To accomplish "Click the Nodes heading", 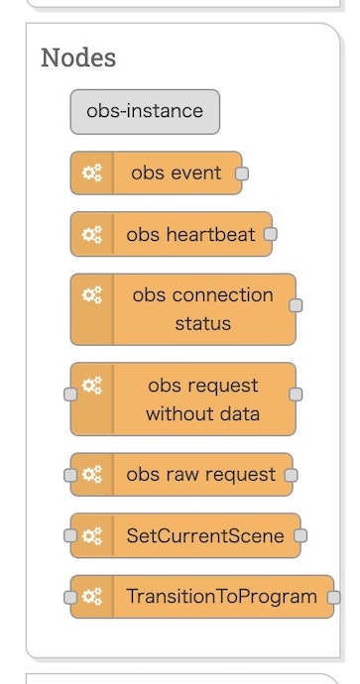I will (78, 57).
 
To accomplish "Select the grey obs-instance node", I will (145, 111).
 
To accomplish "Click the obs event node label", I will (177, 172).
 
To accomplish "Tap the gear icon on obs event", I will (92, 172).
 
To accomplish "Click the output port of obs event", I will (241, 173).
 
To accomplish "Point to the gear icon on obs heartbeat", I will (92, 235).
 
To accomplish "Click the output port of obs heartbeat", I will (271, 235).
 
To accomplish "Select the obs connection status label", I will (202, 309).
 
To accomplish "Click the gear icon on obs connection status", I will (92, 295).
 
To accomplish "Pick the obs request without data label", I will (202, 399).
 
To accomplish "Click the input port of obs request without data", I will (70, 394).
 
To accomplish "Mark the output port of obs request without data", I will (295, 394).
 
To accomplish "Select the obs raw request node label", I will (201, 474).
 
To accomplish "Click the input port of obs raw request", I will (70, 475).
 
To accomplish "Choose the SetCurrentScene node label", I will (205, 536).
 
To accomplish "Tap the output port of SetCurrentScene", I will (300, 536).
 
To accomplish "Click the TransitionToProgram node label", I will (222, 597).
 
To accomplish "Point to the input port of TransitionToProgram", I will (70, 598).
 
